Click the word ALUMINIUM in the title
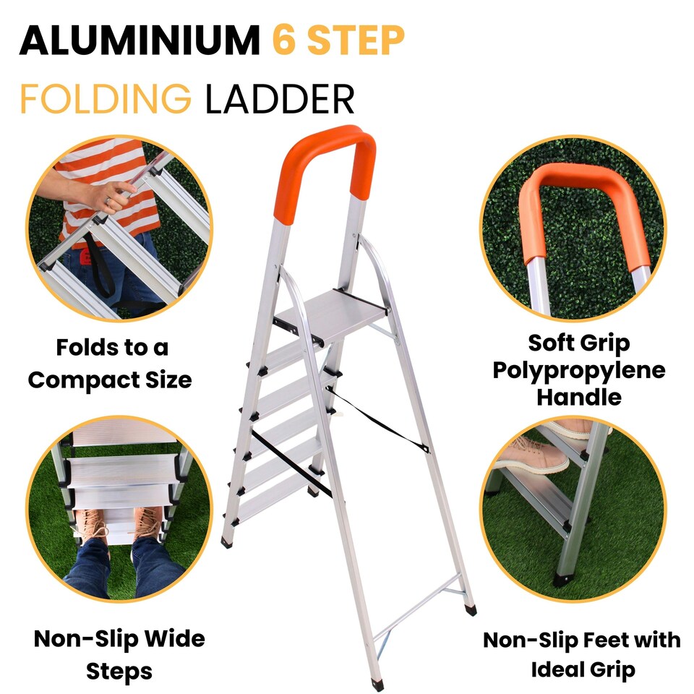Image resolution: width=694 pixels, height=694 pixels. click(140, 40)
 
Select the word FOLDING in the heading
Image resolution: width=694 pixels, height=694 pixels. click(106, 98)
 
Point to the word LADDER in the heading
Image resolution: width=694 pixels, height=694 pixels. click(280, 98)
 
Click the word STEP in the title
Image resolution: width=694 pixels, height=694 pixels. click(356, 40)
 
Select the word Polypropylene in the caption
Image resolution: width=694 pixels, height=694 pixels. click(579, 371)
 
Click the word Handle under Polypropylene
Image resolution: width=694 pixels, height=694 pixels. click(579, 397)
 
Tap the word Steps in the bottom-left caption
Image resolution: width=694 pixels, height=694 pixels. click(119, 672)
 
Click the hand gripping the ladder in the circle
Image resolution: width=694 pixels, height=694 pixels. click(111, 197)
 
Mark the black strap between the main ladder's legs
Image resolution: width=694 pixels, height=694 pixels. click(377, 419)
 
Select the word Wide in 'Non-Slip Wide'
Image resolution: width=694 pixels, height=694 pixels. click(175, 639)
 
